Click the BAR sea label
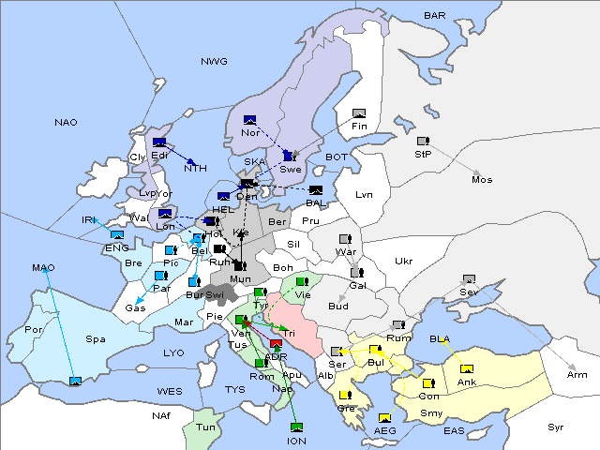point(435,16)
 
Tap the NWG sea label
point(214,62)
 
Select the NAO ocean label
point(66,122)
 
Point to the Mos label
point(482,179)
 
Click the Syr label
point(556,427)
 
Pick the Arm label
point(577,375)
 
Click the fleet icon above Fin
point(358,112)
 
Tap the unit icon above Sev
point(469,279)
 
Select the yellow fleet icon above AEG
point(384,418)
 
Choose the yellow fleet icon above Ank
point(466,368)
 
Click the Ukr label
point(403,261)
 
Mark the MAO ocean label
point(43,268)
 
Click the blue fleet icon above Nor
point(249,119)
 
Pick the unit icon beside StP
point(423,142)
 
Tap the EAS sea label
point(454,430)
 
